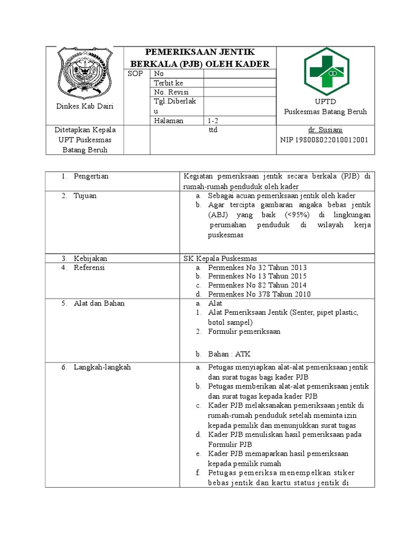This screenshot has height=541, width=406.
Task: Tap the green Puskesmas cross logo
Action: point(325,71)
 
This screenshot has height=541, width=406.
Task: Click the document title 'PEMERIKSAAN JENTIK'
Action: point(200,52)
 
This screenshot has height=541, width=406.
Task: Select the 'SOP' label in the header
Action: point(135,74)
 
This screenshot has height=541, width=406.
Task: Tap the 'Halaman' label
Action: point(169,120)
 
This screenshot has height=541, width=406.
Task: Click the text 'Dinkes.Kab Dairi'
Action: point(85,106)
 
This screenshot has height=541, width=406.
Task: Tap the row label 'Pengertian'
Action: point(91,176)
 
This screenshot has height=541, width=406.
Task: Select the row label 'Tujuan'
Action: point(85,195)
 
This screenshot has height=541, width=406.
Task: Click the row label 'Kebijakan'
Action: point(90,258)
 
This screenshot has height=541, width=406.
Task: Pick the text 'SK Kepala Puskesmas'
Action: point(219,258)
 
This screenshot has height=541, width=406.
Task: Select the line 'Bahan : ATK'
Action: point(229,354)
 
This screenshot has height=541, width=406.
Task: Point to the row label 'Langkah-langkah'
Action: point(102,367)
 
